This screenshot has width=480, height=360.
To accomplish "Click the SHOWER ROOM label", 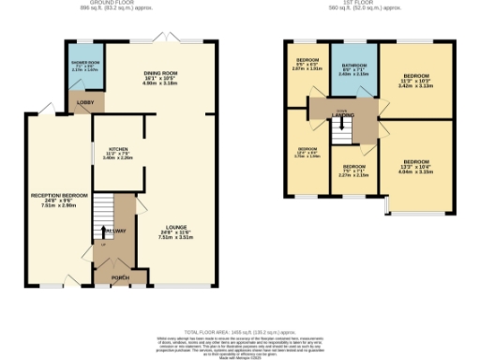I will tap(78, 63).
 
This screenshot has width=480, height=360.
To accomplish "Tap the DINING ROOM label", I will tap(160, 72).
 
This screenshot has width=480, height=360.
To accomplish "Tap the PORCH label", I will tap(120, 277).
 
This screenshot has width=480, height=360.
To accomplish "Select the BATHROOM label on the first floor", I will tap(353, 65).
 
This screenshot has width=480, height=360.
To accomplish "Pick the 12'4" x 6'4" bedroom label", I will tap(307, 151).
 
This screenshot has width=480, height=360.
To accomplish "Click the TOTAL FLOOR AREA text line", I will tap(240, 332).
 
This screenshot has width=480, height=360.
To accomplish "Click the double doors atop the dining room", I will tap(167, 38).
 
